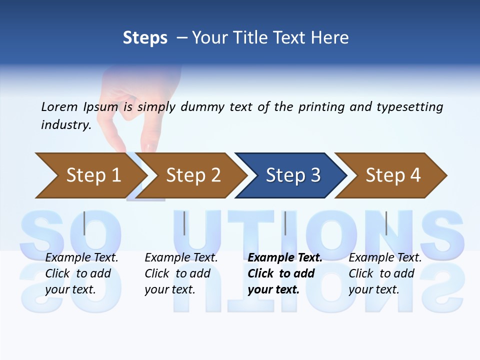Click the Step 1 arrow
point(93,175)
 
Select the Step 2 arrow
point(193,175)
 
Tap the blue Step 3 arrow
point(293,175)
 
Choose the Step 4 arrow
point(393,175)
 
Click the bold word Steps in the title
point(145,38)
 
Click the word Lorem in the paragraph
point(59,106)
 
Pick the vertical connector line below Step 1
point(84,223)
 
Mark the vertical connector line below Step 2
point(184,223)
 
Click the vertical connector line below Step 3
point(285,223)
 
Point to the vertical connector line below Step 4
point(386,223)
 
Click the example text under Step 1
point(81,273)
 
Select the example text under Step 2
point(180,273)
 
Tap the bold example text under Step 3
point(284,273)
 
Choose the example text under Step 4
point(384,273)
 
